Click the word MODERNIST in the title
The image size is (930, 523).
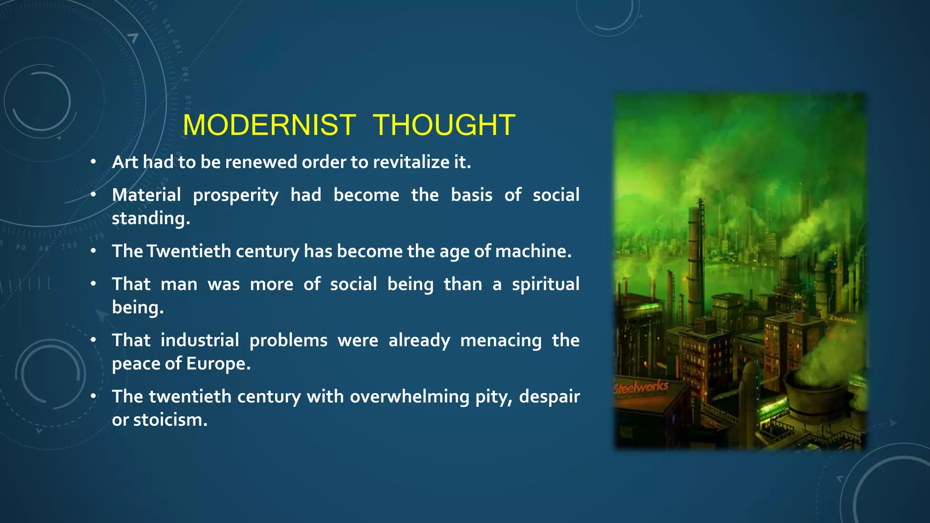point(269,125)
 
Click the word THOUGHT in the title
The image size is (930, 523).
point(444,125)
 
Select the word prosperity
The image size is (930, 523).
point(236,196)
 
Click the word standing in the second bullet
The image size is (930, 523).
point(150,218)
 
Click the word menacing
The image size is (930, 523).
point(500,340)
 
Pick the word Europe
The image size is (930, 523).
point(218,364)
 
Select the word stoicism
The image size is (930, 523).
point(170,420)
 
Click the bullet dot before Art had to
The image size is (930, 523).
point(93,162)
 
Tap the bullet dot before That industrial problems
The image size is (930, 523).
point(93,340)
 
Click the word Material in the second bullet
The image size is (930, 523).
point(146,195)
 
